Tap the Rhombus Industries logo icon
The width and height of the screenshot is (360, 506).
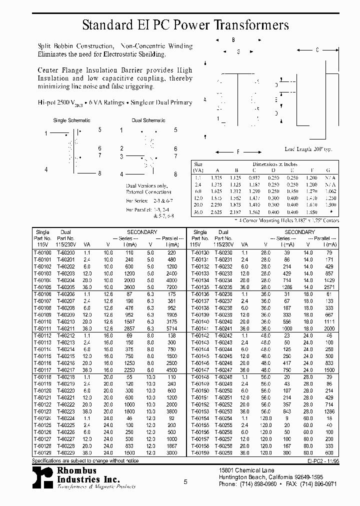click(42, 478)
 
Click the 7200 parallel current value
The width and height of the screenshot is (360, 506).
click(171, 287)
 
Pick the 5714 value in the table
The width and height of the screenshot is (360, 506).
click(171, 328)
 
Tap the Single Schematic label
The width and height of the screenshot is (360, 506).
click(71, 120)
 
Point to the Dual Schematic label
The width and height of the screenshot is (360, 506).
click(148, 120)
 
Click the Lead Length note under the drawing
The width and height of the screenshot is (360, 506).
click(308, 149)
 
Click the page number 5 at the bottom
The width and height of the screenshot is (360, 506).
click(185, 481)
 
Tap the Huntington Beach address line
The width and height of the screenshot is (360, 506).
click(271, 477)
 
